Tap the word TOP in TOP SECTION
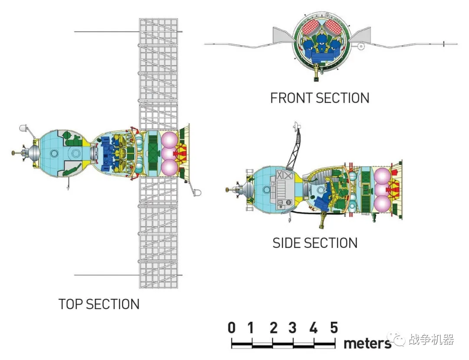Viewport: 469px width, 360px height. [x=71, y=304]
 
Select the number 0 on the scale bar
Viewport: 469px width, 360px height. [x=231, y=328]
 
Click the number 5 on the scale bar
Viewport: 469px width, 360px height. [x=334, y=328]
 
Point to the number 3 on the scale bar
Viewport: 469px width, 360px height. [x=293, y=328]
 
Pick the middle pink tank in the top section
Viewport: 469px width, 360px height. [x=169, y=154]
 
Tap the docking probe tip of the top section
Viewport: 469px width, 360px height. [x=13, y=153]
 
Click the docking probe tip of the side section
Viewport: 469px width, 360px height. [x=227, y=189]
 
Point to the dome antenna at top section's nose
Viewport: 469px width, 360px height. [x=23, y=128]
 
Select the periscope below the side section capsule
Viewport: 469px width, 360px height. [x=322, y=220]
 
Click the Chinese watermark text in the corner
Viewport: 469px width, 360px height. [x=431, y=340]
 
